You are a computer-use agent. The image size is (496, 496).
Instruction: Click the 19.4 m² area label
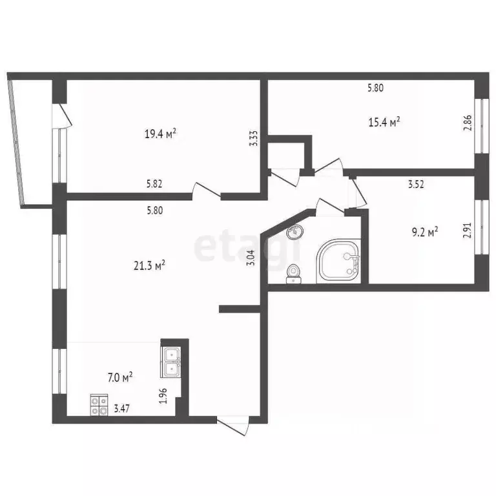[160, 134]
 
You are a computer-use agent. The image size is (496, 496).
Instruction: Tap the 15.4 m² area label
[384, 121]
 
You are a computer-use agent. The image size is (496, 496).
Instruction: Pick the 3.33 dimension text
[254, 139]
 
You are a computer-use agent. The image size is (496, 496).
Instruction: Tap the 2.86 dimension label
[467, 123]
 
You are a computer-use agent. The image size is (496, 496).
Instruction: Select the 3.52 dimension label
[417, 184]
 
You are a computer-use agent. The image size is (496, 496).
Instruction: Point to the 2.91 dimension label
[467, 231]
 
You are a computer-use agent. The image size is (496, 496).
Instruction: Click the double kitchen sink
[171, 362]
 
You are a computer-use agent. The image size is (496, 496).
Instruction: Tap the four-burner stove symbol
[99, 405]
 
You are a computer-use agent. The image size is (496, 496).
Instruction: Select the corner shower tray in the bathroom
[338, 261]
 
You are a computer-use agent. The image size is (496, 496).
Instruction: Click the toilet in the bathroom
[294, 274]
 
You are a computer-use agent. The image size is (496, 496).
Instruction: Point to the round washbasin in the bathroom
[295, 231]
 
